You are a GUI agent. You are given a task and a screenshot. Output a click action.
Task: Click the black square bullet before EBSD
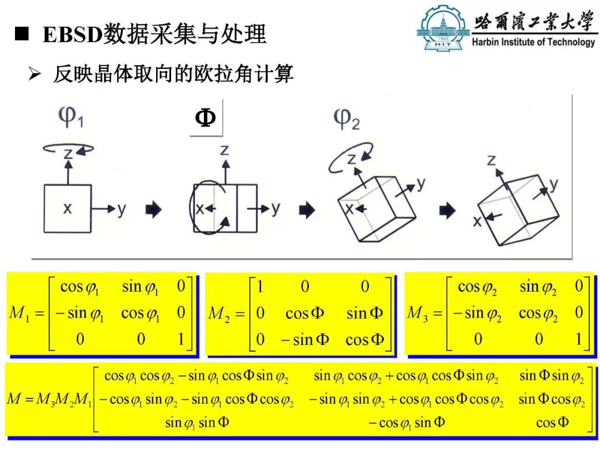22,34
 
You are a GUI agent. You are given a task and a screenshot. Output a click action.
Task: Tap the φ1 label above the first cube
71,116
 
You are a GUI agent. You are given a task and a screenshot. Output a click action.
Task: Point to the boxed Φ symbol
205,118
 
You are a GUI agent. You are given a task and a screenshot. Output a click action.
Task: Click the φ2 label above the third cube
346,119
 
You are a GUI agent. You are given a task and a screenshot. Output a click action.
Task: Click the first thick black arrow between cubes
154,209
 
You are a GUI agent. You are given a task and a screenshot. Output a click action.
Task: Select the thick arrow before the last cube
447,210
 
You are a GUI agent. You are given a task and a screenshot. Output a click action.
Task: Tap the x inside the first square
67,208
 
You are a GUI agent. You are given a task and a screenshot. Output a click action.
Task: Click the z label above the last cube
491,160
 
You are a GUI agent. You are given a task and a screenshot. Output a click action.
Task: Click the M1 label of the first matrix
19,313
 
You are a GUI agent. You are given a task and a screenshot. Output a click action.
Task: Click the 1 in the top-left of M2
260,286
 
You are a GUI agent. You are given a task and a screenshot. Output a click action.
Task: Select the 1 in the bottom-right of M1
181,339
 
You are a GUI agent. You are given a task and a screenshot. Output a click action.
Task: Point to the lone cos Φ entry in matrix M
552,422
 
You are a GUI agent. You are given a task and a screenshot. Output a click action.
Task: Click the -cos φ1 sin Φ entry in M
407,423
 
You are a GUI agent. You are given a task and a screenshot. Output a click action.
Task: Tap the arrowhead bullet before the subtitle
34,73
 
